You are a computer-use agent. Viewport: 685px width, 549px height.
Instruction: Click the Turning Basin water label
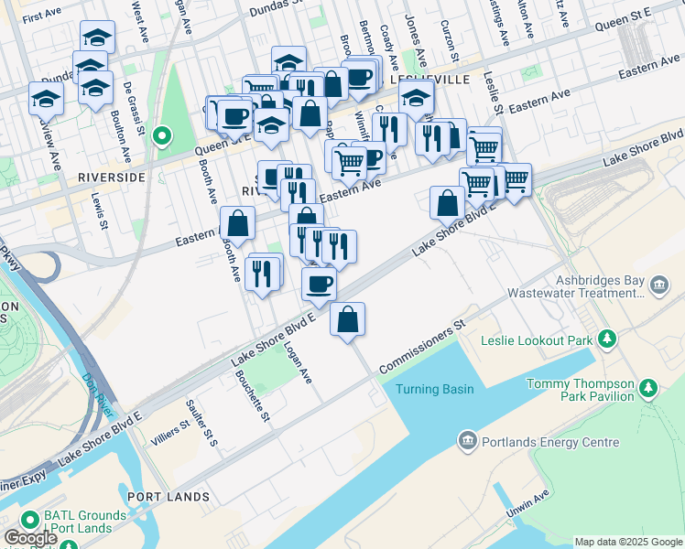click(x=434, y=389)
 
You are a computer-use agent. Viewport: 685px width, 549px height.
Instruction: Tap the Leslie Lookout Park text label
click(x=537, y=340)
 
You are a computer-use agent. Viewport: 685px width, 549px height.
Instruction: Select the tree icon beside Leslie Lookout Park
click(x=606, y=340)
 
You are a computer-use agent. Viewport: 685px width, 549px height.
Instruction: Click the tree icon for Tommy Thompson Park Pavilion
click(x=648, y=389)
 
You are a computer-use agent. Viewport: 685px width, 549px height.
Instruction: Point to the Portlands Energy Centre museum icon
click(x=468, y=443)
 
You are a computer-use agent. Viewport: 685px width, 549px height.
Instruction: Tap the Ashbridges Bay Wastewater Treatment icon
click(x=658, y=286)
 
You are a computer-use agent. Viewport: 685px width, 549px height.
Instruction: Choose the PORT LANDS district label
click(x=169, y=497)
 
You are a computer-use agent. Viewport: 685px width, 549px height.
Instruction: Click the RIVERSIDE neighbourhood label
click(x=112, y=177)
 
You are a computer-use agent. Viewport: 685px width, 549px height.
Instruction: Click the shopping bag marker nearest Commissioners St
click(x=348, y=319)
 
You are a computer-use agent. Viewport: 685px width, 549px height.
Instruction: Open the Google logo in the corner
click(x=30, y=538)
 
